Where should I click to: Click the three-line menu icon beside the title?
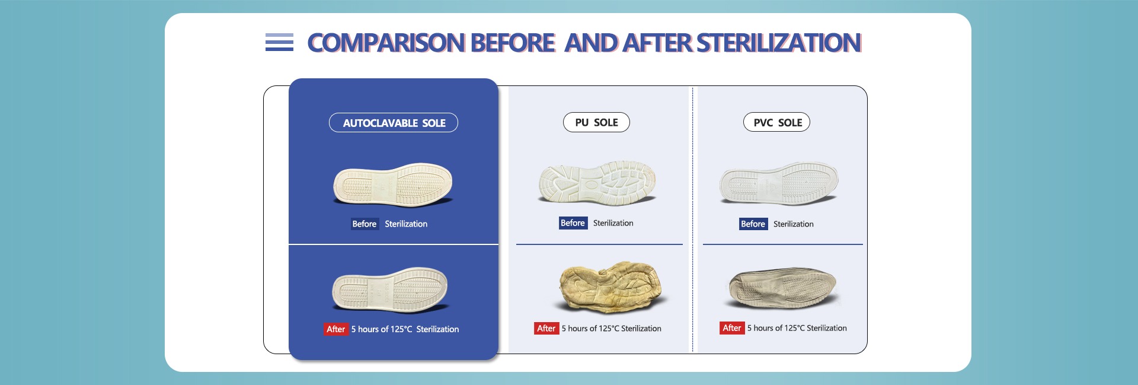[279, 43]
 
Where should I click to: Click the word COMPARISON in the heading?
[386, 43]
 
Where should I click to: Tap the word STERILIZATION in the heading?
[779, 43]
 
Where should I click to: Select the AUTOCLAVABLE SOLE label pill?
[394, 123]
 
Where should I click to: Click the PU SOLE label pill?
[596, 122]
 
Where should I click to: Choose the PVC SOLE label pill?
[776, 122]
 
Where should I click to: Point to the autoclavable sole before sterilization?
[393, 184]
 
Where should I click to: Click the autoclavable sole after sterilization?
[390, 289]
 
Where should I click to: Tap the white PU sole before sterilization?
[597, 182]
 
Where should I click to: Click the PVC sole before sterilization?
[779, 183]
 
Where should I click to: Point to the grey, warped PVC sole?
[782, 288]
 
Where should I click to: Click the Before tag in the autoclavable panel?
[365, 224]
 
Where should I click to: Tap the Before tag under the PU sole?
[573, 223]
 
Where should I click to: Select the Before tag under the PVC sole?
[753, 224]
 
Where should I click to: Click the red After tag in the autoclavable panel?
[336, 329]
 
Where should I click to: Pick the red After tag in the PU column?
[546, 329]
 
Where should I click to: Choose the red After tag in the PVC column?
[732, 328]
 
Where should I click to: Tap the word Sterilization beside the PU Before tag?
[613, 223]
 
